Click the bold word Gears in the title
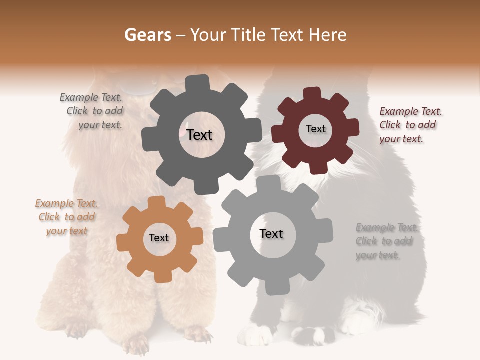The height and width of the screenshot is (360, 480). (x=147, y=35)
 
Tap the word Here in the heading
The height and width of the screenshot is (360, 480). (x=328, y=35)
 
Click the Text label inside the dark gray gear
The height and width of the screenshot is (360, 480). (x=199, y=135)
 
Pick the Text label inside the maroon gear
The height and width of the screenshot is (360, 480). (x=315, y=129)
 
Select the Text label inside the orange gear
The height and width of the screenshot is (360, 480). (x=159, y=238)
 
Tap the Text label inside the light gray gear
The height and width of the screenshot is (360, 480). (x=271, y=234)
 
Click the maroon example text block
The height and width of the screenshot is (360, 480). (x=410, y=125)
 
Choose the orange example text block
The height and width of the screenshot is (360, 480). (x=67, y=217)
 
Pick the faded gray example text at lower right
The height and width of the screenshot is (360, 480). (x=386, y=241)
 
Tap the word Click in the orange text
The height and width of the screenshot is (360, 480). (x=49, y=217)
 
